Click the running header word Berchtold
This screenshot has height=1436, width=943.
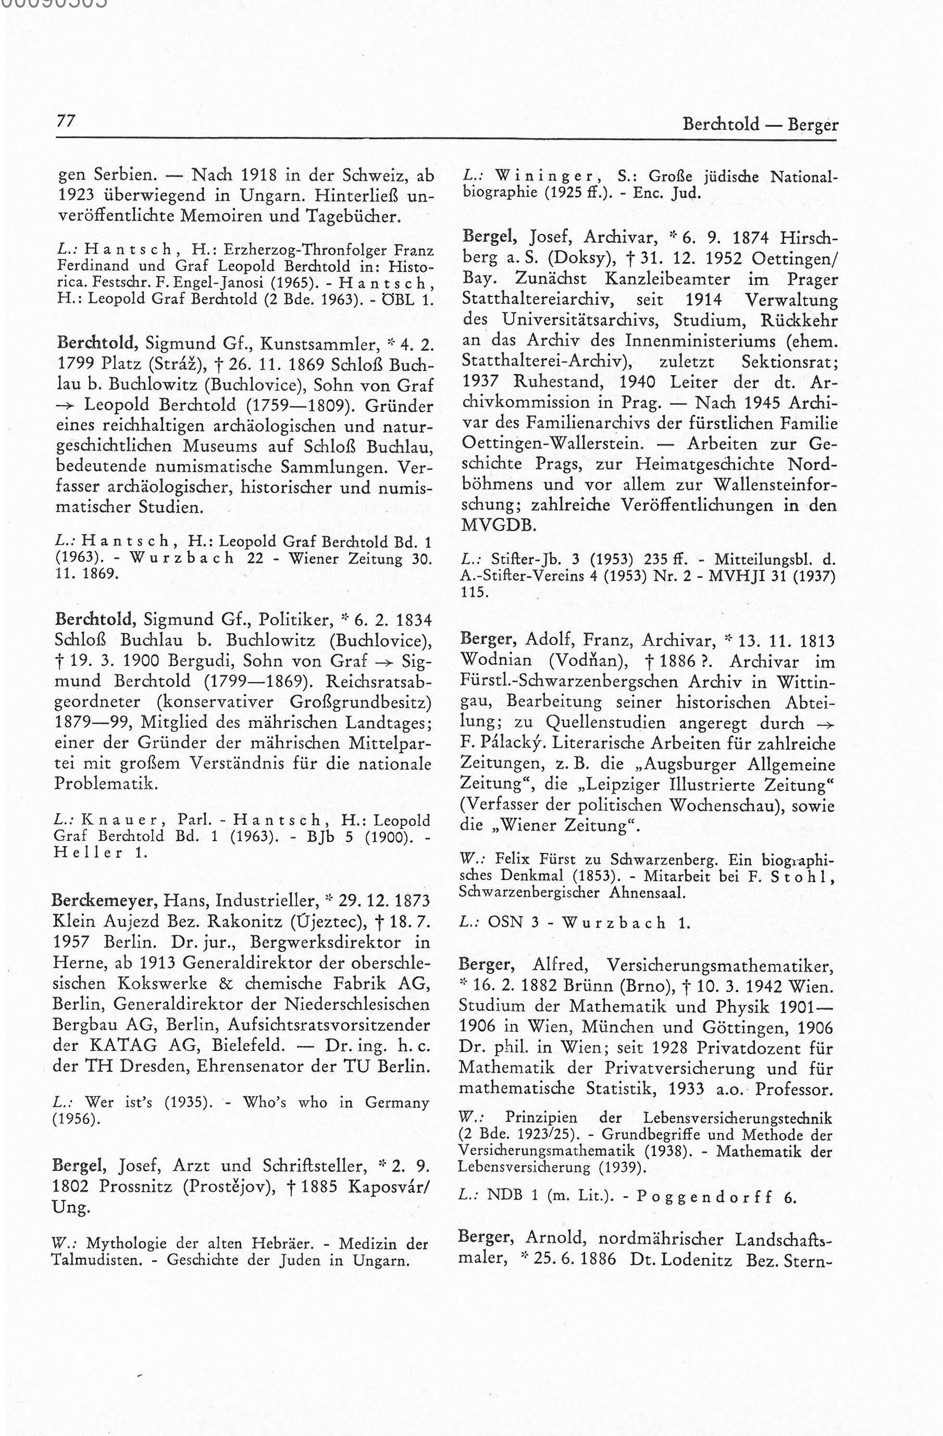(721, 125)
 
